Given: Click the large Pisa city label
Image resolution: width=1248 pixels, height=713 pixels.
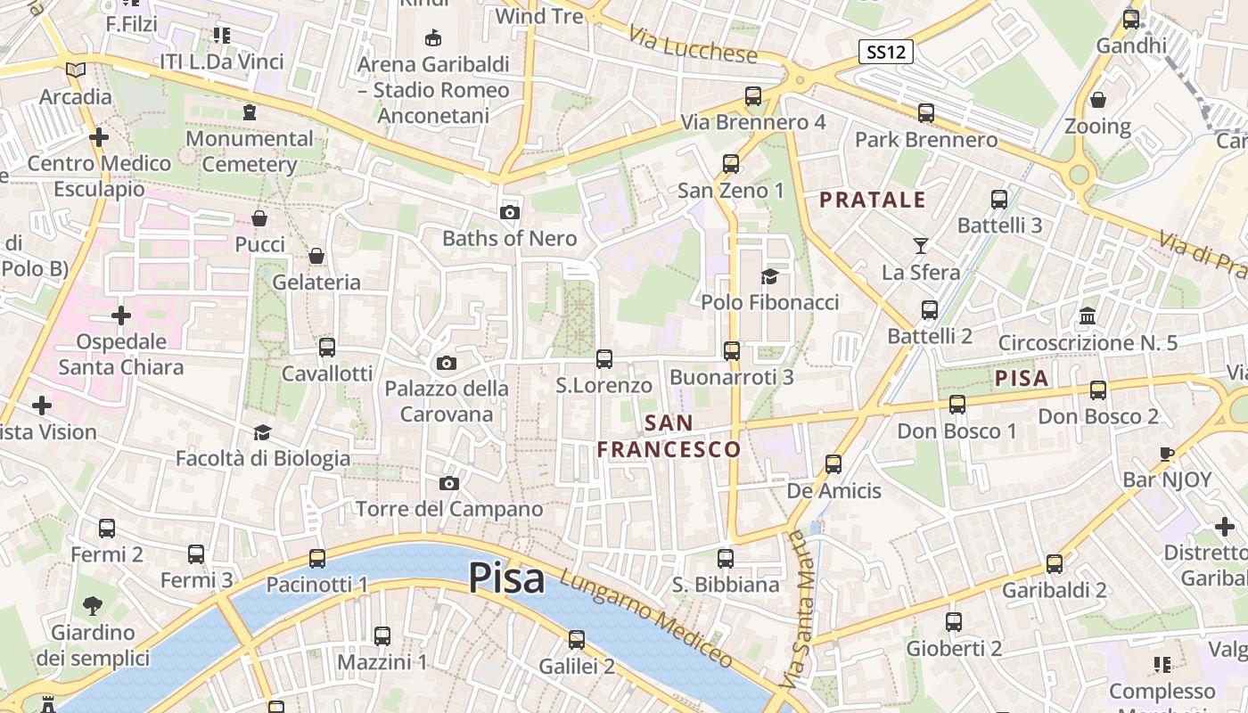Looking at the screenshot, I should pyautogui.click(x=506, y=578).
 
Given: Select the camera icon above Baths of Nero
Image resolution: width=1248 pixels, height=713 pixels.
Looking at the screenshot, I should pyautogui.click(x=510, y=212).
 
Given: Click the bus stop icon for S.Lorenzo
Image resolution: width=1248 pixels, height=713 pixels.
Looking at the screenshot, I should pyautogui.click(x=604, y=359).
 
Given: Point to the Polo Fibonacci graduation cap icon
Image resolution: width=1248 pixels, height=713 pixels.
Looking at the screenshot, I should pyautogui.click(x=769, y=276).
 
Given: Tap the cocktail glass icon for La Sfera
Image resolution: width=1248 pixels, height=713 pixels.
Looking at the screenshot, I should pyautogui.click(x=921, y=245).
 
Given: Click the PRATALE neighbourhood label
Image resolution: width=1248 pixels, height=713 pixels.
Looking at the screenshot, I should pyautogui.click(x=873, y=200).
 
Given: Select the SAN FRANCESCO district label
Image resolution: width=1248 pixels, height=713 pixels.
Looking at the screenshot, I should pyautogui.click(x=669, y=436).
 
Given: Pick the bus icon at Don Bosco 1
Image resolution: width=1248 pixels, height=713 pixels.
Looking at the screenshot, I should pyautogui.click(x=957, y=405).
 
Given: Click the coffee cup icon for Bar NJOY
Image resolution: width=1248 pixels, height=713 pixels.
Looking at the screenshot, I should pyautogui.click(x=1167, y=454).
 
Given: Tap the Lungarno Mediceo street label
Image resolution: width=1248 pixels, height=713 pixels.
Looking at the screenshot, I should pyautogui.click(x=646, y=620).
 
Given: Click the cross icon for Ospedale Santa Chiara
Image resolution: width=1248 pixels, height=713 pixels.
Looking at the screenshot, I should pyautogui.click(x=121, y=316).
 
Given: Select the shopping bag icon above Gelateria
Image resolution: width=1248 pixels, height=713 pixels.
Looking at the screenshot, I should pyautogui.click(x=316, y=257).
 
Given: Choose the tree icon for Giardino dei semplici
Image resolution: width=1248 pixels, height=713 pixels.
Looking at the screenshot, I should pyautogui.click(x=92, y=607).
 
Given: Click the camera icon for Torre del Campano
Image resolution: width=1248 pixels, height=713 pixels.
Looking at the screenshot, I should pyautogui.click(x=449, y=483).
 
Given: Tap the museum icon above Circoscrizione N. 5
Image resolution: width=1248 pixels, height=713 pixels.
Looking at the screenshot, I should pyautogui.click(x=1088, y=316).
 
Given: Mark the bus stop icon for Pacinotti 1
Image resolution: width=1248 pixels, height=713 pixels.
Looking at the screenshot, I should pyautogui.click(x=317, y=559).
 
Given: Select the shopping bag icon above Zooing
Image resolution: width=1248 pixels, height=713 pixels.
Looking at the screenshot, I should pyautogui.click(x=1098, y=99).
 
